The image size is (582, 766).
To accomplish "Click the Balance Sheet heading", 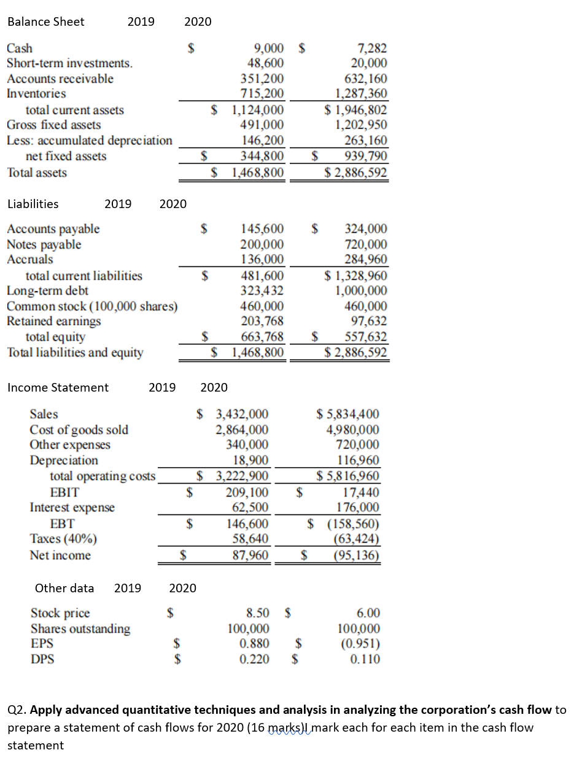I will [46, 22].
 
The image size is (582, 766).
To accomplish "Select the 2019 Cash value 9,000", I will [268, 48].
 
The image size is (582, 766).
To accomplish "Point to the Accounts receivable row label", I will [60, 79].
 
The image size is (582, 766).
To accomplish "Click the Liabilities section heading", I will [33, 204].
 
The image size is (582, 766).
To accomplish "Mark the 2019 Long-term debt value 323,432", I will [264, 291].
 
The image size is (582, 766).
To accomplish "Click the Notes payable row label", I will [44, 244].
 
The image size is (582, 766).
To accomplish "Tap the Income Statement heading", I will [58, 387].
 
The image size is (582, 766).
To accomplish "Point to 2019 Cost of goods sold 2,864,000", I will [241, 430].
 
